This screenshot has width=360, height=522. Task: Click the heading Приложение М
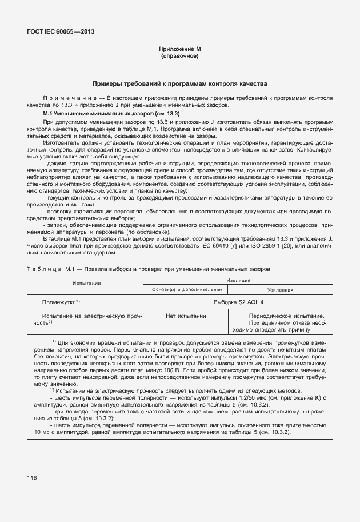(x=179, y=49)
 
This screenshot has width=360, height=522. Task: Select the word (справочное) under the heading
(x=179, y=56)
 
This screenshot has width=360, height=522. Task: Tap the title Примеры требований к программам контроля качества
(x=179, y=83)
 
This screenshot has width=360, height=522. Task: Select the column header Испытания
(x=87, y=282)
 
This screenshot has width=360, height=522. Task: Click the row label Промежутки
(x=60, y=301)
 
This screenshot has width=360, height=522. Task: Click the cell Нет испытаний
(x=186, y=316)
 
